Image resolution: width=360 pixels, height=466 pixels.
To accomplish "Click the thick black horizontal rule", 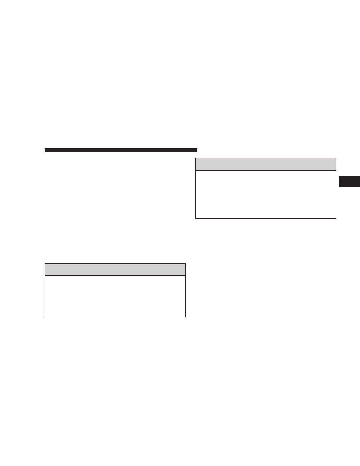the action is point(121,150).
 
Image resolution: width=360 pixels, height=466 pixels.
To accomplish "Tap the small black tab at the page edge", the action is point(349,181).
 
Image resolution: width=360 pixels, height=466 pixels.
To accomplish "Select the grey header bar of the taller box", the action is point(266,164).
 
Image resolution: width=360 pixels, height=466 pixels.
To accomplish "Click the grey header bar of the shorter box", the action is point(115,270).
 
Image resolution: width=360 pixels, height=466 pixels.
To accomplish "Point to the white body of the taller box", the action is point(266,194).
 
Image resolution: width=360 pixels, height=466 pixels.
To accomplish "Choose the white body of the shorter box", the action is point(115,297).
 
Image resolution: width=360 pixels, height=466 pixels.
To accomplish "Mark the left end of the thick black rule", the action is point(45,150).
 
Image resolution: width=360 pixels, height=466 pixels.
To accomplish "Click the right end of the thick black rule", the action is point(196,150).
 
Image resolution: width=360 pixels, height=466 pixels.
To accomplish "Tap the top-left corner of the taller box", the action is point(196,158).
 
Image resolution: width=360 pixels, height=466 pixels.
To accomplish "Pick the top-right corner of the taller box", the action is point(336,158).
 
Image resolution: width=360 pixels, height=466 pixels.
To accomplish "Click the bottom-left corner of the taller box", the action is point(196,218).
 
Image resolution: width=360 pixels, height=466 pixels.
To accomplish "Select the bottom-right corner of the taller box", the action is point(336,218).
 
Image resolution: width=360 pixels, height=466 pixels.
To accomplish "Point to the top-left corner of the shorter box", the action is point(45,264).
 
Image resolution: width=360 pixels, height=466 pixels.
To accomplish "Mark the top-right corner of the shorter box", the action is point(185,264).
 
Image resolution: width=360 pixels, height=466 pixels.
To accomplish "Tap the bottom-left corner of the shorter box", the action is point(45,317).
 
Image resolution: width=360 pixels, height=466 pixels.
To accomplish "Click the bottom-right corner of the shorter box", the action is point(185,317).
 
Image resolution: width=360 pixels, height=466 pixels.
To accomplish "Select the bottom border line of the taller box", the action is point(266,218).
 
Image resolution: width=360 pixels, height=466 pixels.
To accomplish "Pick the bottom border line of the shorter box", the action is point(115,317).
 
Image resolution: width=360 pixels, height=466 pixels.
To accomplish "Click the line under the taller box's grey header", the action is point(266,170).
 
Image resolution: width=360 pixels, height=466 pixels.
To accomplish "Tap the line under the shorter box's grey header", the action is point(115,276).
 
